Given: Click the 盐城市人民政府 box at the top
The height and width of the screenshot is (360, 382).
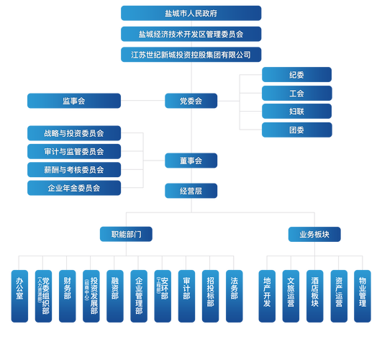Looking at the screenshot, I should [191, 13].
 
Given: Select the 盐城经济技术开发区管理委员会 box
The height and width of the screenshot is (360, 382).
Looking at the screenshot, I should [191, 34].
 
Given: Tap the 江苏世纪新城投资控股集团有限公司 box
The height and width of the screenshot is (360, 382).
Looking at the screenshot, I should [191, 55].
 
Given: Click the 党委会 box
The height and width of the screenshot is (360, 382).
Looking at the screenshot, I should [191, 102].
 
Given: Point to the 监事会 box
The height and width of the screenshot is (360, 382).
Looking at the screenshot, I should [74, 102].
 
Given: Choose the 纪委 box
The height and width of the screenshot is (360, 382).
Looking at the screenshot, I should [296, 75].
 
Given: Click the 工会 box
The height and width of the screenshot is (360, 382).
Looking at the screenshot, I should [296, 94].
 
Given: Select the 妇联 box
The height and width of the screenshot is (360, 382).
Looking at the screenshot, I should [296, 112].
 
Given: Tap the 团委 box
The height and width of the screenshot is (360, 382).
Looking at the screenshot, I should [296, 130].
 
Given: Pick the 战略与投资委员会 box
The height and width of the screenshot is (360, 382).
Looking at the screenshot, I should [74, 133].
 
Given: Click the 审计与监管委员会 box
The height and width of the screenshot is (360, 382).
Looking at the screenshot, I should [74, 152].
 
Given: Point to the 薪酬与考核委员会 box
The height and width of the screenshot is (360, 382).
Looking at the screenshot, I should [74, 170].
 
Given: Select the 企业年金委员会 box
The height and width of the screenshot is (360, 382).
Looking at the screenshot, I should [74, 189].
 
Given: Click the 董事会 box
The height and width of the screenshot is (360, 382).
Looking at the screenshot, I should [191, 161].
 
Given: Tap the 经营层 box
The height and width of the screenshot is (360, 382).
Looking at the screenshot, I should [191, 191].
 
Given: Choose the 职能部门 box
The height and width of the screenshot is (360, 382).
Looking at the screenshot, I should [126, 234].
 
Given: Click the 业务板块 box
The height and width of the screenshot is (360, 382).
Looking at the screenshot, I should [314, 234].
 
